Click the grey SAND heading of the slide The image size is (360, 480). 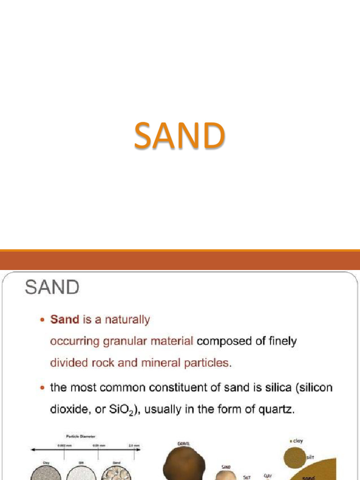point(52,287)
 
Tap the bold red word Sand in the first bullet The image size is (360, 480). point(65,320)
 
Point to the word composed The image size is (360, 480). point(224,342)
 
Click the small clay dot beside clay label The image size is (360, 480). point(291,441)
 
